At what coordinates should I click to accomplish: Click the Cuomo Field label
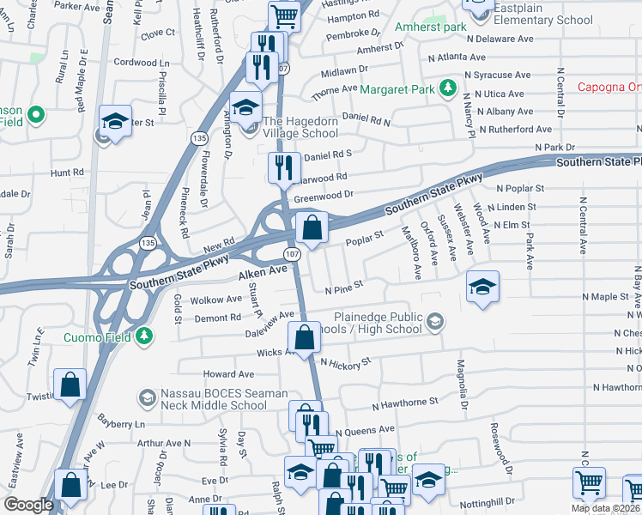click(x=98, y=337)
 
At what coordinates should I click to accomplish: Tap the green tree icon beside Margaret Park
click(x=446, y=88)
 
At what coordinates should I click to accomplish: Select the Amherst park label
click(x=430, y=27)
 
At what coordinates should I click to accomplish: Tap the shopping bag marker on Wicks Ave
click(x=304, y=338)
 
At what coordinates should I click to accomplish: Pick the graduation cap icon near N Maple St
click(x=483, y=287)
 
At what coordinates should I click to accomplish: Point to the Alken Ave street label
click(x=263, y=270)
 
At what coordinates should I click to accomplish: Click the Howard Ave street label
click(x=228, y=374)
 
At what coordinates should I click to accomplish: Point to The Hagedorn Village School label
click(x=300, y=127)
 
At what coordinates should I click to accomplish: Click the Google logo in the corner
click(x=28, y=505)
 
